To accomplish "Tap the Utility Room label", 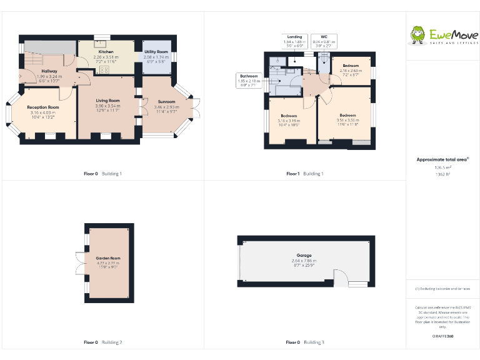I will [x=156, y=52].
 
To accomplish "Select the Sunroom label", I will [x=166, y=102].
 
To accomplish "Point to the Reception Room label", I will [x=42, y=107].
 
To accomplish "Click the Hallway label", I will [x=49, y=71].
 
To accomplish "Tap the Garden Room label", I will [x=108, y=258].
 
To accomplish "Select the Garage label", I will [x=304, y=256].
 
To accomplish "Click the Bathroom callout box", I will [x=248, y=81].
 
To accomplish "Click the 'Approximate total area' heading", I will [x=442, y=160].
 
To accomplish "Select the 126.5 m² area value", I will [x=442, y=167].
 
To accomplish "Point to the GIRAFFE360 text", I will [x=442, y=336].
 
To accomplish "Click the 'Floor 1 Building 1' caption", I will [x=305, y=173].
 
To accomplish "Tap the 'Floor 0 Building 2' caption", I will [x=103, y=342].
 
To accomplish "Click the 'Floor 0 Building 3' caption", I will [x=305, y=342].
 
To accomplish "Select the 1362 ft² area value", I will [x=442, y=174].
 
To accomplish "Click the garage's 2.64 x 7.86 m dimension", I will [x=304, y=261].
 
